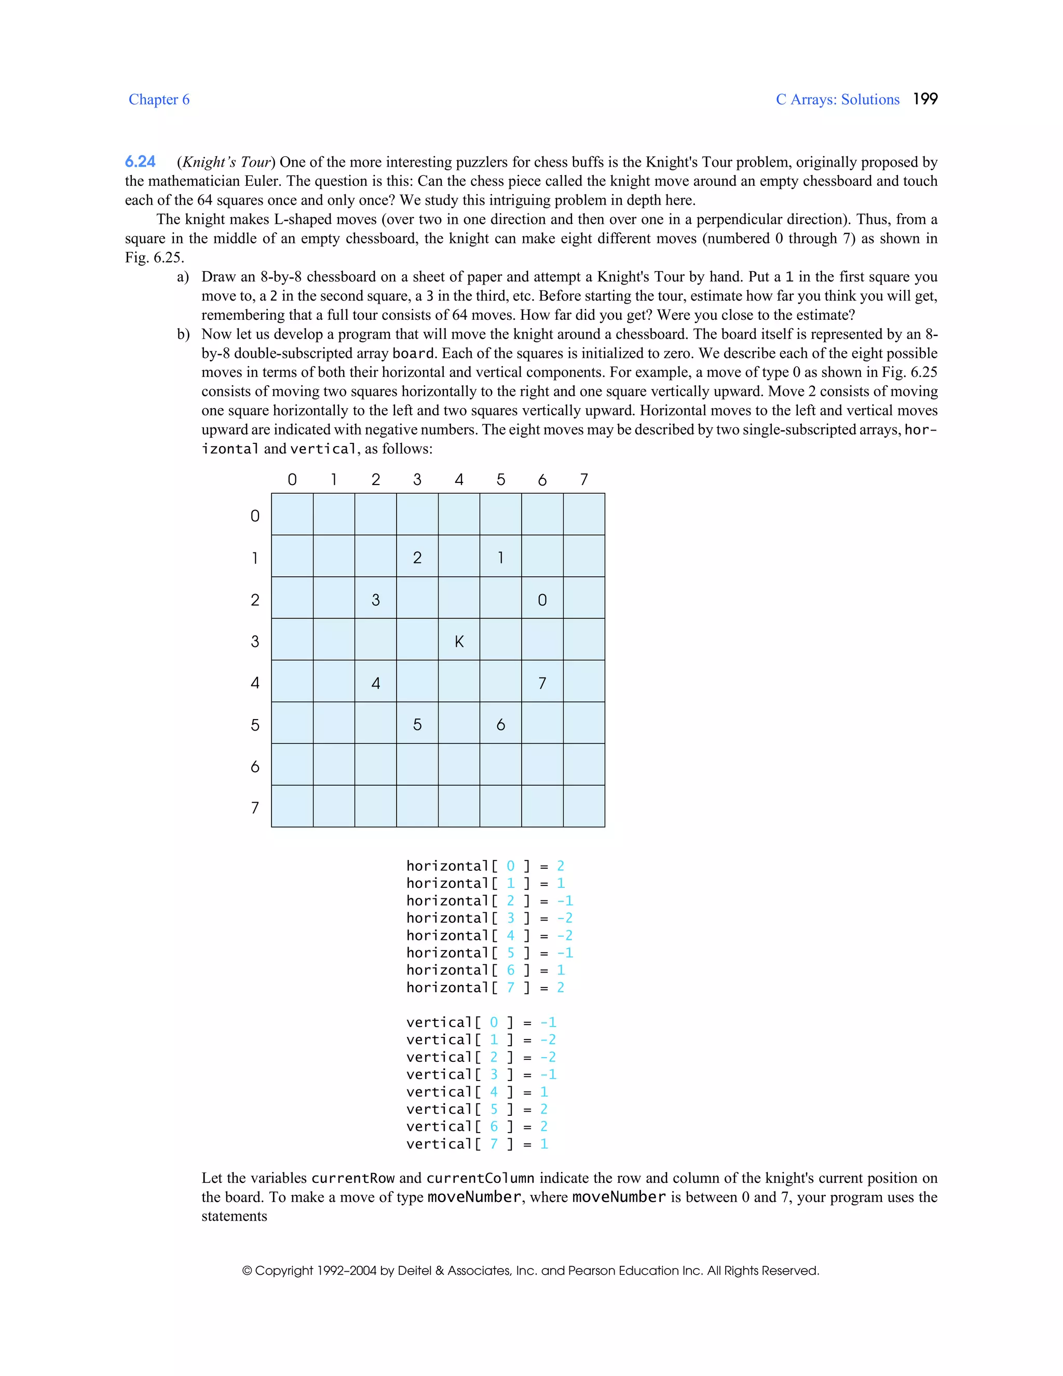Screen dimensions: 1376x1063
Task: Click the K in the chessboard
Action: coord(459,641)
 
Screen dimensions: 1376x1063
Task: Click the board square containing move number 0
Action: coord(542,599)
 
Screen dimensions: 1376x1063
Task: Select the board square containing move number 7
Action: coord(542,682)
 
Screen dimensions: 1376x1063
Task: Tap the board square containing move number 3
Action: coord(375,599)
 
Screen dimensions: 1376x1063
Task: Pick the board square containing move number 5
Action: coord(417,724)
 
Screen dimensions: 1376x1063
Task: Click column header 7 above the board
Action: coord(584,479)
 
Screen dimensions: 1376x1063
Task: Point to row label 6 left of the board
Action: coord(254,766)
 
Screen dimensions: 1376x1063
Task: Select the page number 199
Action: coord(924,99)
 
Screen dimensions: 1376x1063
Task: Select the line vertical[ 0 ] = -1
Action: coord(481,1022)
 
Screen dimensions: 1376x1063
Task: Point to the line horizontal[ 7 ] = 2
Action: coord(485,987)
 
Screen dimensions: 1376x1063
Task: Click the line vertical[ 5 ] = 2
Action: coord(476,1109)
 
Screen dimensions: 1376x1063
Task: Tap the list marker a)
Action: coord(183,277)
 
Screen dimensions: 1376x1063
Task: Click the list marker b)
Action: coord(183,334)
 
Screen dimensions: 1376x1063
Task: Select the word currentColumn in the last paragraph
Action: coord(480,1178)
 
